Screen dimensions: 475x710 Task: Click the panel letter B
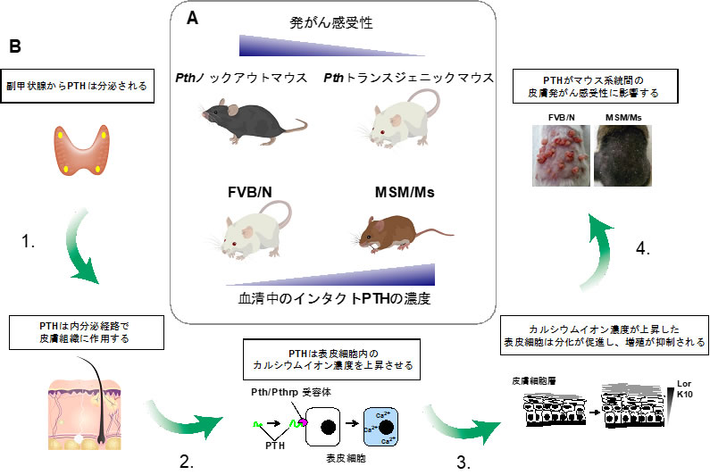16,46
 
